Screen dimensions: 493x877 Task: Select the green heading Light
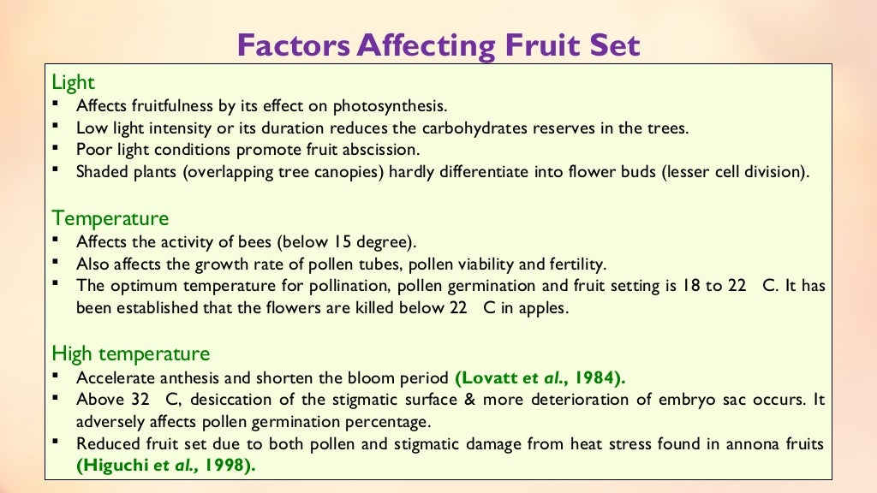pos(73,82)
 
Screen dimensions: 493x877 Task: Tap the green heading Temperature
pos(110,217)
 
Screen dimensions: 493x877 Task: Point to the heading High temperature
pos(130,353)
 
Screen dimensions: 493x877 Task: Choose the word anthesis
pos(185,377)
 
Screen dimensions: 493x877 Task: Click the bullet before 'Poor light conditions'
pos(56,148)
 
